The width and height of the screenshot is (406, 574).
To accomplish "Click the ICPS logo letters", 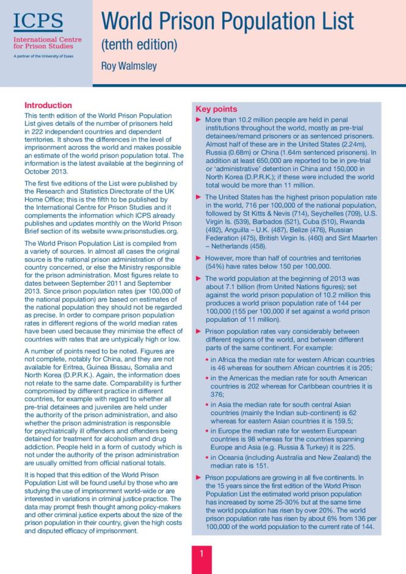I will [38, 22].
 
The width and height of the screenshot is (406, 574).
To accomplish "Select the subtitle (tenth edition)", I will [139, 44].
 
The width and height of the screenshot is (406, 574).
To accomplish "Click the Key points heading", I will [216, 109].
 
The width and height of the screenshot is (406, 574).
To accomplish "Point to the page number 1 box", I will [202, 555].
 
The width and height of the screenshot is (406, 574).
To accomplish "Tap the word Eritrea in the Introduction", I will [63, 360].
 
